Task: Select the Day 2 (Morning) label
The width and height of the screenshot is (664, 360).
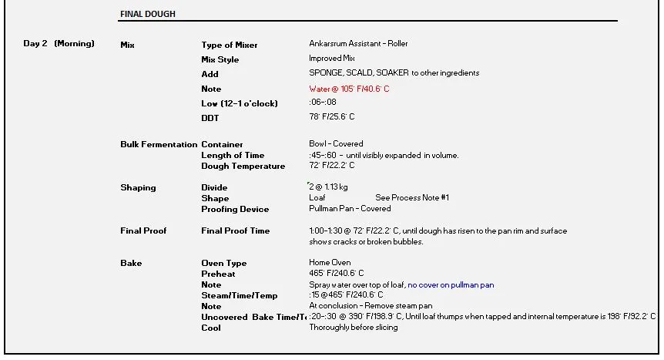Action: [x=59, y=43]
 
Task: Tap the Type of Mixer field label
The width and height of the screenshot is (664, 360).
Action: [x=230, y=45]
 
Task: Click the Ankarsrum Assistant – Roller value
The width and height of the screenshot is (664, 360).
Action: [x=359, y=44]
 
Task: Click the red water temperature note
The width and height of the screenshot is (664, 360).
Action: [x=349, y=89]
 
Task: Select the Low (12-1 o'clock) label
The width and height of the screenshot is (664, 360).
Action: [x=240, y=103]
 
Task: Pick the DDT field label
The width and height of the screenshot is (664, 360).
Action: [x=210, y=118]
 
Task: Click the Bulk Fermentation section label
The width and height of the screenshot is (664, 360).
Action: [x=159, y=144]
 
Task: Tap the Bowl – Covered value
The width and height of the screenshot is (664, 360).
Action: [x=336, y=143]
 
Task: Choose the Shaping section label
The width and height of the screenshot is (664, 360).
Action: [x=138, y=187]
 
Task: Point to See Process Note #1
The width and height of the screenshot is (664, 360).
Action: [x=412, y=198]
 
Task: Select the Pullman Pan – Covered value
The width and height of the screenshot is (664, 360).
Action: [x=350, y=208]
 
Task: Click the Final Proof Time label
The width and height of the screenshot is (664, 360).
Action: [x=236, y=230]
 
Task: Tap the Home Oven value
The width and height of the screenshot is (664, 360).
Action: [x=330, y=262]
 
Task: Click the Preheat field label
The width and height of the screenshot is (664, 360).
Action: [x=219, y=274]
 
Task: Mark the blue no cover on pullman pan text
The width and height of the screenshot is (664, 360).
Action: [x=451, y=284]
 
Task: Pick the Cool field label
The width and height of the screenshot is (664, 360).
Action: [x=211, y=328]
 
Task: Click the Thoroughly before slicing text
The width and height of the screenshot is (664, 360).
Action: [x=354, y=327]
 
